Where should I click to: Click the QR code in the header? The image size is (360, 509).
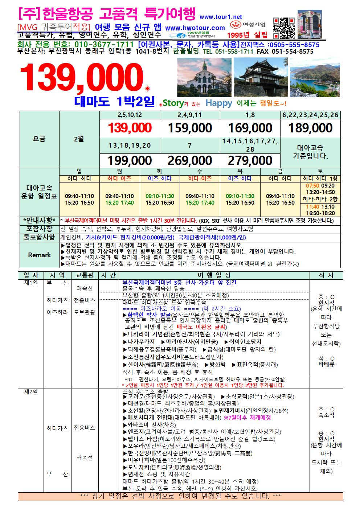(283, 28)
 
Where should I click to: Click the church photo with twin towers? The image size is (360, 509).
(203, 77)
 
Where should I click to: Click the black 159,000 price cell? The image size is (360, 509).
(190, 128)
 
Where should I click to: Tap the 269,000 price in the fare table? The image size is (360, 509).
(190, 160)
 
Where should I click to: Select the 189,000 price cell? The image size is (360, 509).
(310, 128)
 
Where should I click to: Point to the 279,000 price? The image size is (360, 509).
(250, 160)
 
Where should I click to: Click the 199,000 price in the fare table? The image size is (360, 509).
(130, 160)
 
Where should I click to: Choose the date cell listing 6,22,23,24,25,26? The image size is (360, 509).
(310, 115)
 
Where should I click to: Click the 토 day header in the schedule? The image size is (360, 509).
(320, 171)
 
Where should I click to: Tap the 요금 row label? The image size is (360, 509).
(39, 139)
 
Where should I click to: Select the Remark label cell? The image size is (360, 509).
(39, 255)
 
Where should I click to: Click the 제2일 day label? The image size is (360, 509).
(30, 393)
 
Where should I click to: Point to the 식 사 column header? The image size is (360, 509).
(326, 275)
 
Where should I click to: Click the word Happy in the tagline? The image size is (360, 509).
(218, 103)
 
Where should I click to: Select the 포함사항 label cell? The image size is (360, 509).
(39, 229)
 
